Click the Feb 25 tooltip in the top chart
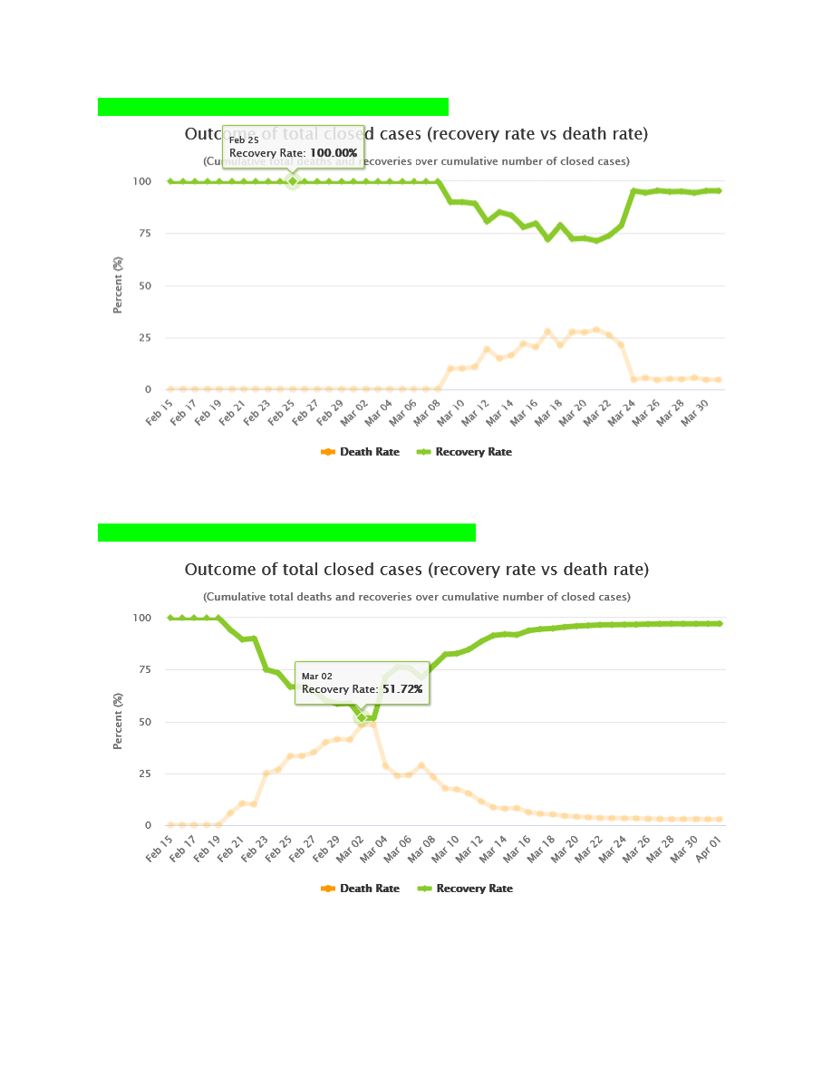pos(293,147)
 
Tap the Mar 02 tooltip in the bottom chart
pos(362,683)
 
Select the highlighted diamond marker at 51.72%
pos(362,717)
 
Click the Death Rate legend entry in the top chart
pos(361,452)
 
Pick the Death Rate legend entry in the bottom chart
pos(361,889)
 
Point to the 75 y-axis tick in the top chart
pos(141,234)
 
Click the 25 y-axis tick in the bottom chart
pos(141,774)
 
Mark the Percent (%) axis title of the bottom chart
pos(119,721)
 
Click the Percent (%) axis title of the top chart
pos(119,284)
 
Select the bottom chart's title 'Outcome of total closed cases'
pos(416,570)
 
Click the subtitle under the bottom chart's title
pos(416,597)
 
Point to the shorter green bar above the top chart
pos(273,107)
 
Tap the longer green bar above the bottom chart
pos(286,533)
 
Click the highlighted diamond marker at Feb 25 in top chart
pos(293,181)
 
